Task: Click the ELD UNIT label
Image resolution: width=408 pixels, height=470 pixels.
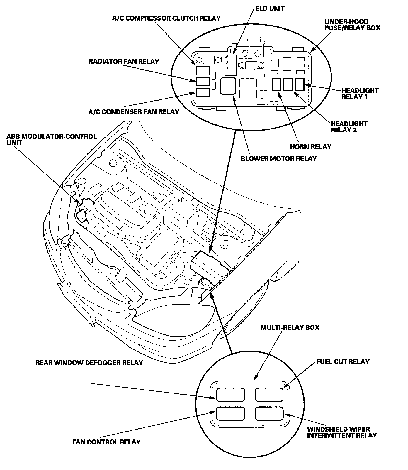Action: click(x=270, y=9)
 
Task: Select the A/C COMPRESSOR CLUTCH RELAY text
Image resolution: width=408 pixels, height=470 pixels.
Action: click(x=166, y=18)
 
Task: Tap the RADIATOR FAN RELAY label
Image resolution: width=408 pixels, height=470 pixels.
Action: click(x=124, y=62)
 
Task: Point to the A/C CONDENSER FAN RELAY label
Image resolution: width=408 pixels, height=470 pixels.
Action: click(x=134, y=112)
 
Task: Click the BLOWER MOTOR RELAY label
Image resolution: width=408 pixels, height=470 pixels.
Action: click(x=278, y=159)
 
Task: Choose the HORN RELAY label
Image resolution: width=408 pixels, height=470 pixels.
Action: click(x=310, y=147)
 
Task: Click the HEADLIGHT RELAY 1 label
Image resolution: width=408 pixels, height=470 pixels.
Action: click(x=360, y=94)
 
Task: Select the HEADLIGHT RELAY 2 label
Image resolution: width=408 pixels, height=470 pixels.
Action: click(x=349, y=127)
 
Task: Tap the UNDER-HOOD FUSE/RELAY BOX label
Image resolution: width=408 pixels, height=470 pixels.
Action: click(x=352, y=25)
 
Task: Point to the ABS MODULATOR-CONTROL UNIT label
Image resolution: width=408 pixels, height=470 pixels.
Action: click(x=52, y=140)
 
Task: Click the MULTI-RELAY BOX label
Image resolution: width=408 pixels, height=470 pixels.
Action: click(x=290, y=327)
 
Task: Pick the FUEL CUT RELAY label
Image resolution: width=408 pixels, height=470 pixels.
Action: click(x=342, y=361)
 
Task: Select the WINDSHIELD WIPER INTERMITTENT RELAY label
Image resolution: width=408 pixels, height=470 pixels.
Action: click(x=341, y=432)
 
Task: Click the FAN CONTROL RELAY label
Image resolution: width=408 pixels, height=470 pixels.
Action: click(x=106, y=442)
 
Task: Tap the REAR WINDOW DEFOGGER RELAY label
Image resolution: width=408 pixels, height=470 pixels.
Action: click(x=89, y=363)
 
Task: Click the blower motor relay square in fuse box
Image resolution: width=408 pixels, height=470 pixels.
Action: click(x=228, y=86)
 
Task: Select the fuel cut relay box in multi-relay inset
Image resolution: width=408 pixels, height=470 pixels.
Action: click(x=269, y=394)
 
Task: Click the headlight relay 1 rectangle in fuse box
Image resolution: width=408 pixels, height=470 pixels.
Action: click(x=300, y=85)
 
